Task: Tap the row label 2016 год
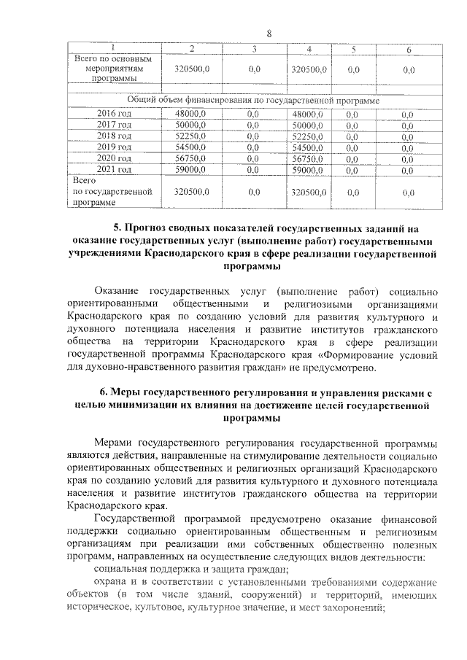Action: pyautogui.click(x=115, y=114)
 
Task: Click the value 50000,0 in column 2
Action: pyautogui.click(x=191, y=125)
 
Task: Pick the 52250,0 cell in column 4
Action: pyautogui.click(x=307, y=136)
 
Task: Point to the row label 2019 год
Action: pyautogui.click(x=115, y=147)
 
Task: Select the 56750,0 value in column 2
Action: pyautogui.click(x=191, y=158)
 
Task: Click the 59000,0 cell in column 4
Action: pyautogui.click(x=307, y=169)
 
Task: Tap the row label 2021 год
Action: pyautogui.click(x=115, y=169)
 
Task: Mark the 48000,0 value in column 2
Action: pyautogui.click(x=191, y=114)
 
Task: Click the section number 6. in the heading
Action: pyautogui.click(x=104, y=393)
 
